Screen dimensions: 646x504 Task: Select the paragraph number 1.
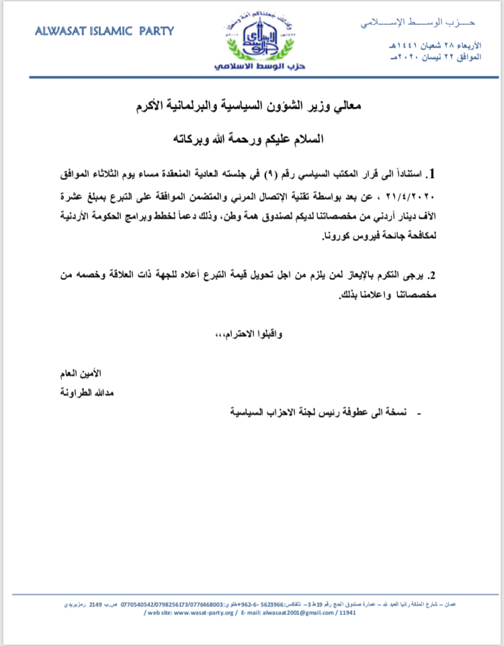433,175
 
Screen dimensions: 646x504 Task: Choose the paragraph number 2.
433,275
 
